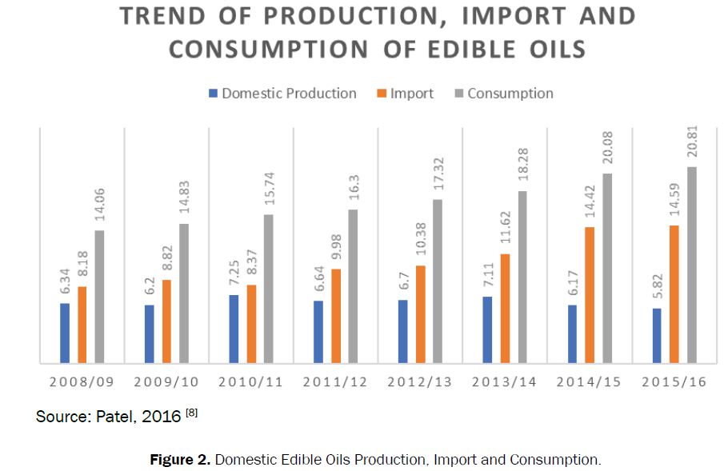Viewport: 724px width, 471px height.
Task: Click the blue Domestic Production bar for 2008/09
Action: coord(65,333)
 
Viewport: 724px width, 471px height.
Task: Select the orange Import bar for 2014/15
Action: coord(590,295)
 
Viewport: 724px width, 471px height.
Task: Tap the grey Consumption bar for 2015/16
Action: coord(692,265)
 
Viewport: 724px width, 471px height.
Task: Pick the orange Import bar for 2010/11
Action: coord(251,324)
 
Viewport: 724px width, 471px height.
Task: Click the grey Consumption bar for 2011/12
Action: coord(353,286)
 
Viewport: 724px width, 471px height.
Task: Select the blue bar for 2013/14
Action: coord(487,330)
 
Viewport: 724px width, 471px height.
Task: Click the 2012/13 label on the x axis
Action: coord(420,382)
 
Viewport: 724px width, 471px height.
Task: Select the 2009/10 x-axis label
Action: coord(166,382)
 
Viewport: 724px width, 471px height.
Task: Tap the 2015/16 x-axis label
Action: coord(674,382)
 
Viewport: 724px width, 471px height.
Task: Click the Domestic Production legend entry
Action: coord(289,94)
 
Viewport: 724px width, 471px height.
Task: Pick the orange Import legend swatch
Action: coord(382,94)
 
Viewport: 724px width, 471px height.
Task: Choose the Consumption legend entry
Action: coord(510,94)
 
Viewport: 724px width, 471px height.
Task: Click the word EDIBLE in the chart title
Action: coord(470,50)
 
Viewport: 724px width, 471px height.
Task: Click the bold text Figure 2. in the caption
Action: coord(180,460)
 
